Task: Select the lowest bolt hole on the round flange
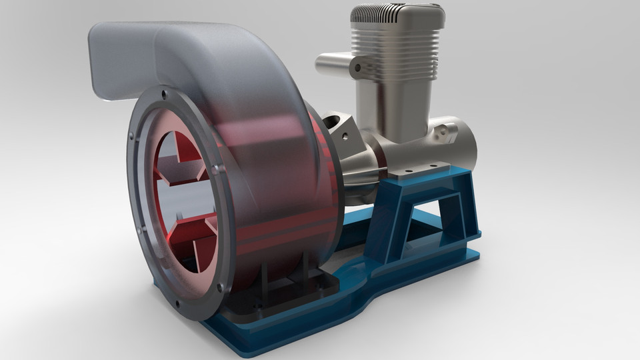pyautogui.click(x=220, y=288)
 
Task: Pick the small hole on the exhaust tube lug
pyautogui.click(x=357, y=67)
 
